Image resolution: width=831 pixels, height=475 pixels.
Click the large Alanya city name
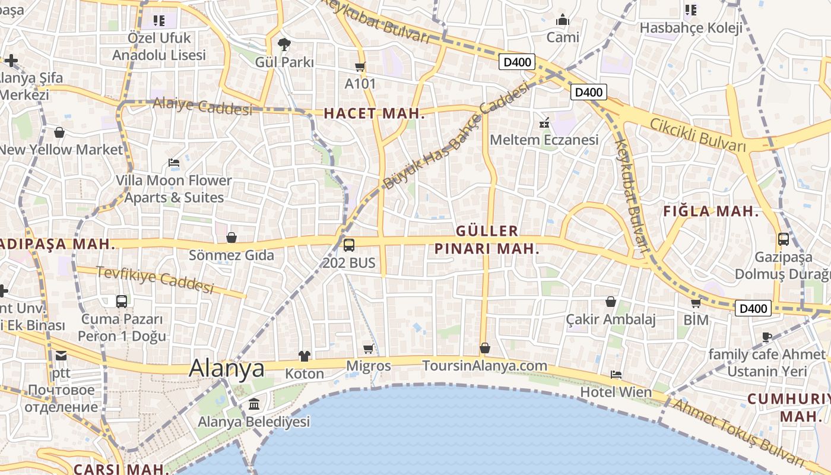point(227,369)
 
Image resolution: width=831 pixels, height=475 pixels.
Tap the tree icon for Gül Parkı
point(284,44)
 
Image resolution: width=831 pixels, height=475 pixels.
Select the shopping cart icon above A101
point(360,66)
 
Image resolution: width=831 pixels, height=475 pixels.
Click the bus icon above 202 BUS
point(349,245)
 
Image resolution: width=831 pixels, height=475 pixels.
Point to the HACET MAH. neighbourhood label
point(374,113)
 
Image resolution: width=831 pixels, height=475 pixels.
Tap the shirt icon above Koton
point(305,356)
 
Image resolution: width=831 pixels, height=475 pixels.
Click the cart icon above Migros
point(368,349)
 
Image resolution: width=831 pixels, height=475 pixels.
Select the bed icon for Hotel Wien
point(616,375)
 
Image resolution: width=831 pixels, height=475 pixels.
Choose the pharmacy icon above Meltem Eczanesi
point(544,123)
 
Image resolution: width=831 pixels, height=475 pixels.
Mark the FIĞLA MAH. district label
point(711,211)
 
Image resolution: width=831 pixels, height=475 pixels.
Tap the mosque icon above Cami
point(562,20)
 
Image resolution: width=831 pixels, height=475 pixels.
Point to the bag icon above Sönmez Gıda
point(231,237)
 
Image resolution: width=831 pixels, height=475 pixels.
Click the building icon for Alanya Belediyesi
point(254,404)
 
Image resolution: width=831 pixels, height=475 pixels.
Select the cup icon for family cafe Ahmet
point(767,337)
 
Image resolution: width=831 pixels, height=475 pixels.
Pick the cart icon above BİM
point(696,303)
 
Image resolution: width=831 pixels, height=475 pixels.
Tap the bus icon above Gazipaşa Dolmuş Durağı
point(784,239)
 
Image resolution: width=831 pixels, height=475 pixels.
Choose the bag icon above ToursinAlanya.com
point(485,348)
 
